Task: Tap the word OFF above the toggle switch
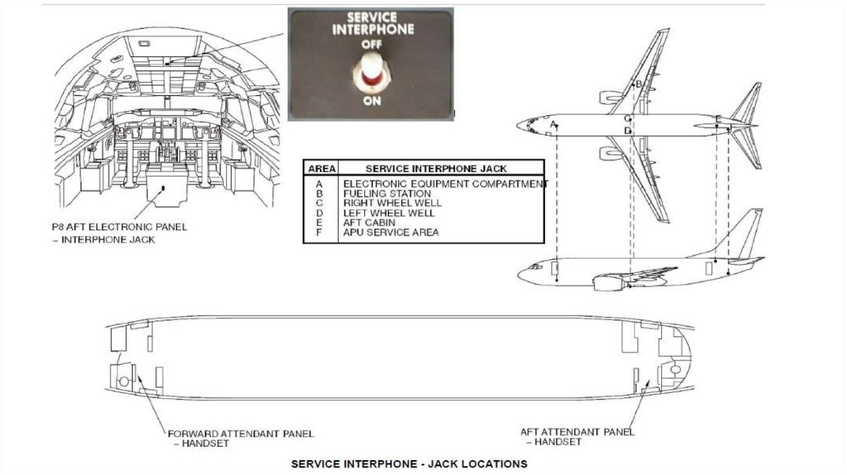pyautogui.click(x=371, y=44)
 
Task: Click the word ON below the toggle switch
pyautogui.click(x=371, y=101)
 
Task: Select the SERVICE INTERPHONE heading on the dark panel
pyautogui.click(x=372, y=22)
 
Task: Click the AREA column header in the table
pyautogui.click(x=321, y=168)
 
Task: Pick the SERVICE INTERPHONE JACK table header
pyautogui.click(x=436, y=168)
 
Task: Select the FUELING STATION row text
pyautogui.click(x=386, y=194)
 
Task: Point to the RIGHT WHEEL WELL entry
pyautogui.click(x=392, y=204)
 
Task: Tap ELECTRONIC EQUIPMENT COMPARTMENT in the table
pyautogui.click(x=445, y=184)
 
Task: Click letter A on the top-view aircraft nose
pyautogui.click(x=552, y=125)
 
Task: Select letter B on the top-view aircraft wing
pyautogui.click(x=638, y=84)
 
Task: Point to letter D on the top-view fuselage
pyautogui.click(x=628, y=131)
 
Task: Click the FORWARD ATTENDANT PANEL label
pyautogui.click(x=241, y=434)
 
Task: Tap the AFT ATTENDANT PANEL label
pyautogui.click(x=577, y=431)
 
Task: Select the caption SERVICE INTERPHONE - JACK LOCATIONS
pyautogui.click(x=409, y=464)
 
